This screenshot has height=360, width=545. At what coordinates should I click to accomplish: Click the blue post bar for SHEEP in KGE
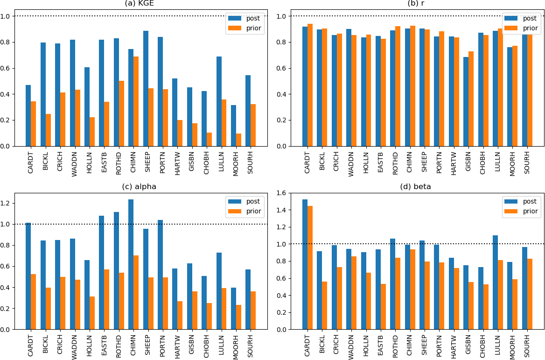tap(146, 89)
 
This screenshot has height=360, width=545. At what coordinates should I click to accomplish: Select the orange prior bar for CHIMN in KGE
tap(136, 101)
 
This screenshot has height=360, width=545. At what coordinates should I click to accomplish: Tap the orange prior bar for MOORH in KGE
tap(238, 140)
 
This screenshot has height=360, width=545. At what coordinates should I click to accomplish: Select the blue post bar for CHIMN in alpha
tap(131, 264)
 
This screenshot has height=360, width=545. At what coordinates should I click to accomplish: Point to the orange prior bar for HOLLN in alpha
tap(92, 313)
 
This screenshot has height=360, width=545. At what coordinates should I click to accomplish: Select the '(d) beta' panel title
tap(415, 187)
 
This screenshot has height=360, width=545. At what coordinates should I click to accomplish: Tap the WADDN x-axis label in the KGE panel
tap(75, 161)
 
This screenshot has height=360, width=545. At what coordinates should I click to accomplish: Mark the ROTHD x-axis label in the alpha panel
tap(119, 345)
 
